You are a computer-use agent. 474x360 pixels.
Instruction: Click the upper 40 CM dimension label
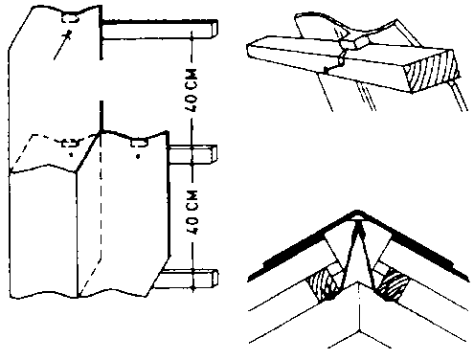pyautogui.click(x=192, y=90)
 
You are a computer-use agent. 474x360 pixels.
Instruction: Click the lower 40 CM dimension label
pyautogui.click(x=192, y=213)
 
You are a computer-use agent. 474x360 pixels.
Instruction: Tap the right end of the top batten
pyautogui.click(x=214, y=28)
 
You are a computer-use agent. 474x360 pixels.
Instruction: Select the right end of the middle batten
pyautogui.click(x=214, y=153)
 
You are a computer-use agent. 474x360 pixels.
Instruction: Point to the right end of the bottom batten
pyautogui.click(x=214, y=278)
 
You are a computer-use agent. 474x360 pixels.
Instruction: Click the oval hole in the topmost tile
pyautogui.click(x=70, y=19)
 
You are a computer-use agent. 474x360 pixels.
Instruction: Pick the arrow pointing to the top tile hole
pyautogui.click(x=62, y=46)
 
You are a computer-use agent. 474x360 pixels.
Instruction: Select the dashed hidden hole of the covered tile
pyautogui.click(x=70, y=144)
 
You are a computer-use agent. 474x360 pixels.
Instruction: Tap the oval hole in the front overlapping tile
pyautogui.click(x=139, y=143)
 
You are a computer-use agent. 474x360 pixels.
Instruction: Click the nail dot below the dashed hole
pyautogui.click(x=71, y=155)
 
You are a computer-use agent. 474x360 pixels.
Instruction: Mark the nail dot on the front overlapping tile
pyautogui.click(x=138, y=156)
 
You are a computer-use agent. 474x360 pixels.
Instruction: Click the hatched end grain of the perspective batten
pyautogui.click(x=431, y=72)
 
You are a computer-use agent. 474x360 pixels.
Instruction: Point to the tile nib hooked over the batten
pyautogui.click(x=354, y=43)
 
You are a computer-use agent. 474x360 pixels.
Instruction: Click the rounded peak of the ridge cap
pyautogui.click(x=357, y=213)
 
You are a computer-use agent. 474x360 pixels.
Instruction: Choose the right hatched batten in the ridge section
pyautogui.click(x=393, y=284)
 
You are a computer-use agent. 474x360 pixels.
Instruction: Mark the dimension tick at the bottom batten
pyautogui.click(x=192, y=287)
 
